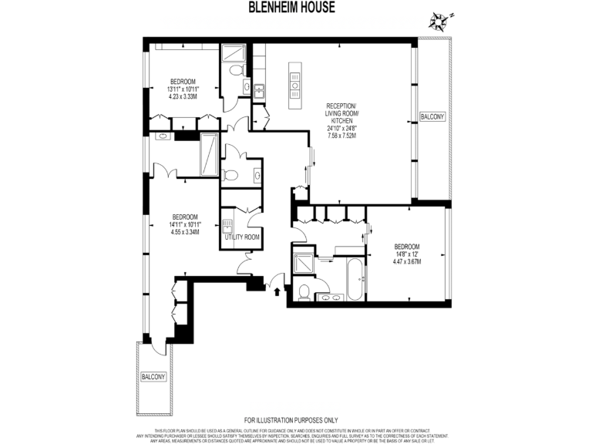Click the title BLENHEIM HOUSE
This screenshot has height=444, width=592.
[x=295, y=7]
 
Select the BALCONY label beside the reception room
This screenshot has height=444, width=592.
[x=432, y=116]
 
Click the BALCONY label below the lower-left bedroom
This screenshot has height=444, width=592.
[x=153, y=377]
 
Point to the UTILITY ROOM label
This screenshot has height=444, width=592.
[x=242, y=237]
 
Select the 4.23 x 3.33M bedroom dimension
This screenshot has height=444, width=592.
[x=183, y=97]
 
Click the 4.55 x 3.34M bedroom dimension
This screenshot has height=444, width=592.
[x=185, y=232]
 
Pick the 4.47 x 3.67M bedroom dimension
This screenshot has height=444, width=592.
[x=405, y=262]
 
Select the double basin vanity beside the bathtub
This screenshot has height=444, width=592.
[x=331, y=297]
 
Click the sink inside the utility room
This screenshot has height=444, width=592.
[x=227, y=226]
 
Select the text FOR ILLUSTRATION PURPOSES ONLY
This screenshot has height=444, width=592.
[x=295, y=420]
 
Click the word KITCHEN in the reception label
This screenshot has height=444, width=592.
[x=341, y=121]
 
